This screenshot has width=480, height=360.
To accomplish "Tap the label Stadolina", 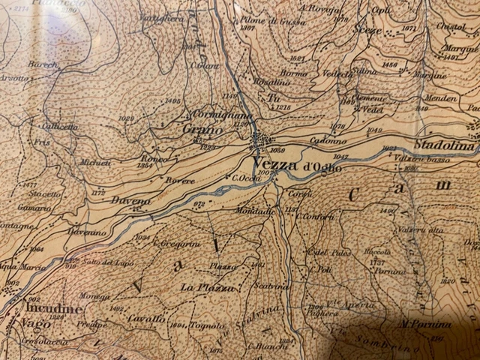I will pyautogui.click(x=445, y=145).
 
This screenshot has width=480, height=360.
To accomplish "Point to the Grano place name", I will pyautogui.click(x=202, y=129).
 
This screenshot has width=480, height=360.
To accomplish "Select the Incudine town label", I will pyautogui.click(x=52, y=308).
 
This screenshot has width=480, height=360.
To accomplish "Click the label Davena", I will pyautogui.click(x=126, y=200).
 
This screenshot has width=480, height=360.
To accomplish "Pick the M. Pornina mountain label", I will pyautogui.click(x=425, y=324).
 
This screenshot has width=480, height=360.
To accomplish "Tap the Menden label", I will pyautogui.click(x=441, y=98).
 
